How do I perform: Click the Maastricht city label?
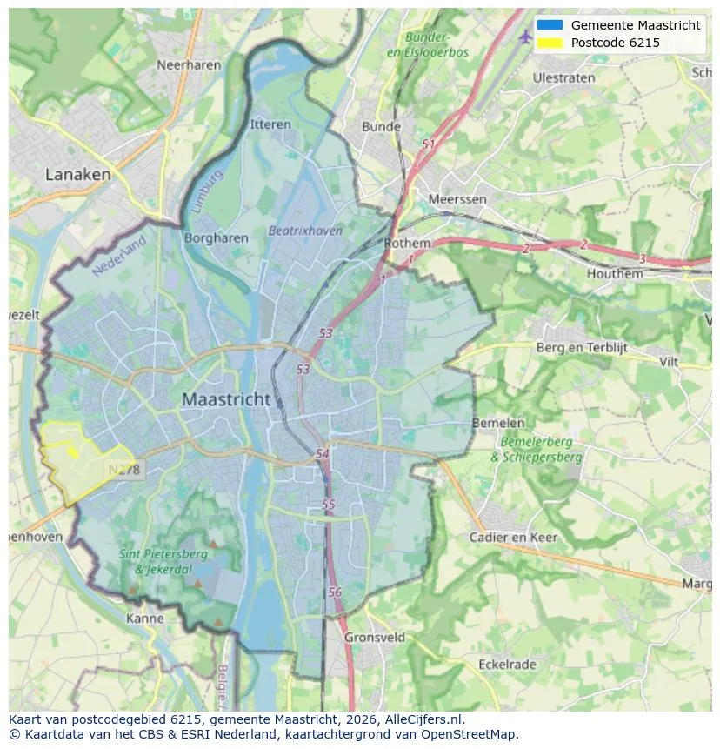224,399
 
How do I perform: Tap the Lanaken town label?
78,174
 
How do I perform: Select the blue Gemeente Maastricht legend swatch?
550,25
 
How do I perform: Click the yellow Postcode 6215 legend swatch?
550,43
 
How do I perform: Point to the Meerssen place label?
457,199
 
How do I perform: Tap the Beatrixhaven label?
305,231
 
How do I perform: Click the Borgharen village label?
217,237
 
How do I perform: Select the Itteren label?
270,124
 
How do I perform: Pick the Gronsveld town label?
375,637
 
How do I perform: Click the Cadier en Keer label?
513,537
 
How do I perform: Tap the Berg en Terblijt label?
581,348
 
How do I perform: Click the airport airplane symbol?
524,37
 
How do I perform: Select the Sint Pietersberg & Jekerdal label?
163,561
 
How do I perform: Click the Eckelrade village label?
508,665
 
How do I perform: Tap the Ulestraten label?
563,77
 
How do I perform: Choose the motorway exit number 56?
336,592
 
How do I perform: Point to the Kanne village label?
144,619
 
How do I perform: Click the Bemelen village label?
498,423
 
